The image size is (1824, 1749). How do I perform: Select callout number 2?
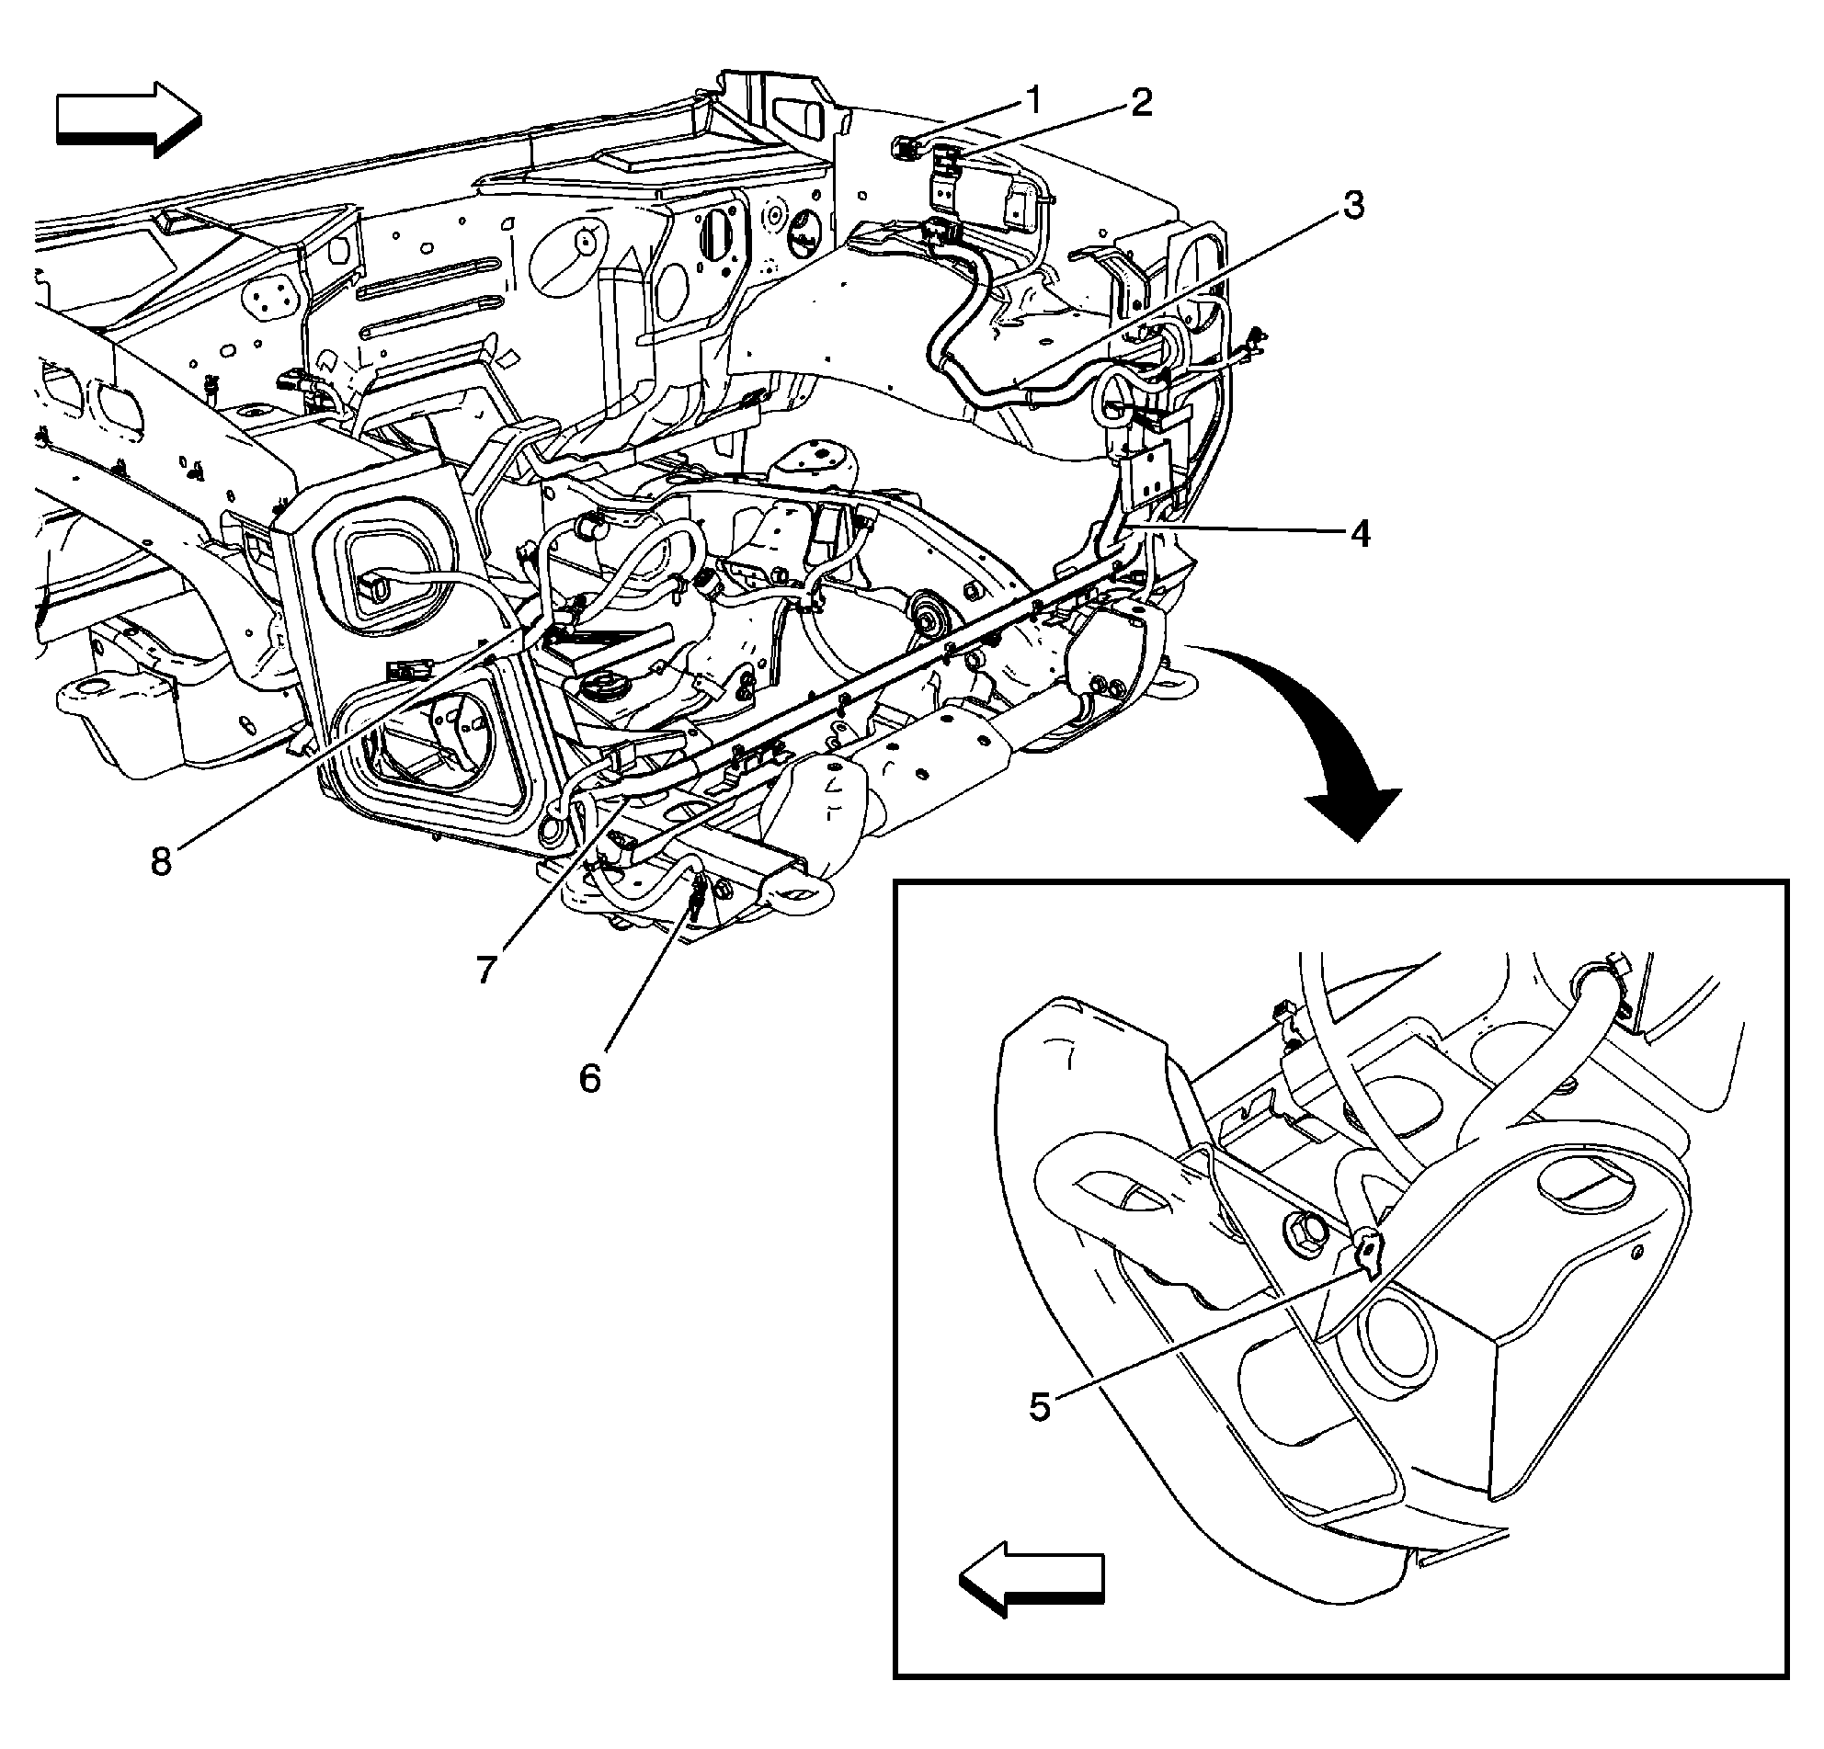tap(1141, 102)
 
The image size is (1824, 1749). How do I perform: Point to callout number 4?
tap(1360, 534)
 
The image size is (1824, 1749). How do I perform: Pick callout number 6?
tap(590, 1078)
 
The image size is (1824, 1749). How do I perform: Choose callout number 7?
tap(485, 970)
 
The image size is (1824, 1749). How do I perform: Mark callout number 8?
tap(162, 860)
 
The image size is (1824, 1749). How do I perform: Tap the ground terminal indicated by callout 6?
tap(696, 901)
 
